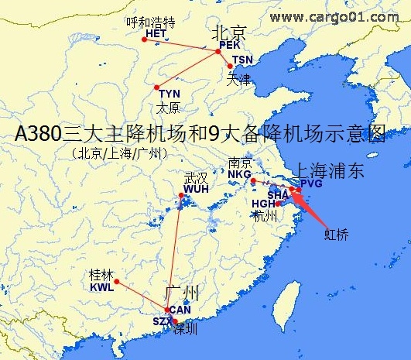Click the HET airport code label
tap(156, 34)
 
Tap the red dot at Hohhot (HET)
tap(144, 39)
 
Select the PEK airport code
tap(230, 45)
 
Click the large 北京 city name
tap(229, 32)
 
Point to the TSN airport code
tap(242, 60)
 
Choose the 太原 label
tap(168, 107)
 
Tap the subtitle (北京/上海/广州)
tap(119, 153)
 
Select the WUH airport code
tap(196, 189)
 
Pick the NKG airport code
tap(240, 174)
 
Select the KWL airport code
tap(101, 286)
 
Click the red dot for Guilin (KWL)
tap(117, 282)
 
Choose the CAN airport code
tap(180, 310)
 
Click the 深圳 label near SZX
tap(186, 328)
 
